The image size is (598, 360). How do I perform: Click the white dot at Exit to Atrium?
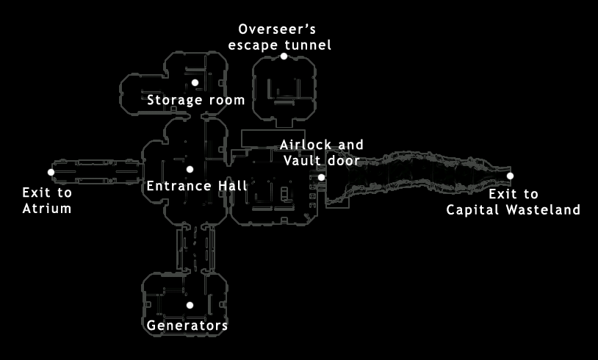[51, 173]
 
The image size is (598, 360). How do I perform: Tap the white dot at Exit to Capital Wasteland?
[510, 176]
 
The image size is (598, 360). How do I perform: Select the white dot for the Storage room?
[195, 82]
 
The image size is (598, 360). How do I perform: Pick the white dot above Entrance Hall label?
[190, 169]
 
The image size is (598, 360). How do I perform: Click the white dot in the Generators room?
[190, 305]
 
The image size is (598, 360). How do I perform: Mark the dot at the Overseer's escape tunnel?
[284, 56]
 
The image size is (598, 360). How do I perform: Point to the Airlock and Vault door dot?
[321, 177]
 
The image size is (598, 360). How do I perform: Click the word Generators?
[187, 325]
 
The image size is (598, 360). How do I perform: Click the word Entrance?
[179, 186]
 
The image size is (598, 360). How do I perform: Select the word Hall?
[233, 186]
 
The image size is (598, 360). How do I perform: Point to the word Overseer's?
[277, 29]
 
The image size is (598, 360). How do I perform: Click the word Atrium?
[47, 209]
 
